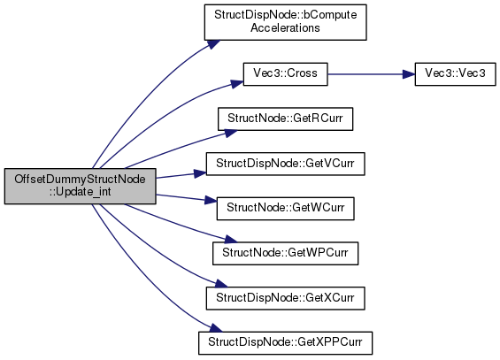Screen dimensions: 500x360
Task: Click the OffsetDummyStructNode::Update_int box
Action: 80,186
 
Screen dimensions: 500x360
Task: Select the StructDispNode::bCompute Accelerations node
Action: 285,22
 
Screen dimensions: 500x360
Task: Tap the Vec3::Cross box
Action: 285,74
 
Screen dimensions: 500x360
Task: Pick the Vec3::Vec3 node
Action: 455,74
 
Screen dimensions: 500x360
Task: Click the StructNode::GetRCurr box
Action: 285,119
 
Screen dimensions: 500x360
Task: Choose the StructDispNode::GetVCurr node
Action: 285,164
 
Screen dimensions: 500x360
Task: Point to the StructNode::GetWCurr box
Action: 285,209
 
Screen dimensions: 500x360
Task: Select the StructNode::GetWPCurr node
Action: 285,253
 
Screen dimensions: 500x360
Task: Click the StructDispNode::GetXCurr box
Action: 285,298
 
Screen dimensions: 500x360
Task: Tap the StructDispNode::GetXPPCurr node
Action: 285,343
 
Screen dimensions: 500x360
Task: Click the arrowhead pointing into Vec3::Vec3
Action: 409,74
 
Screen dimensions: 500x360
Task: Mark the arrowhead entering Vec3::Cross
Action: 237,84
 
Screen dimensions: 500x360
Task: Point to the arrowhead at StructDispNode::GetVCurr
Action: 201,173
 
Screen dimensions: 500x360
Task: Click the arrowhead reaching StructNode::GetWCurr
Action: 211,201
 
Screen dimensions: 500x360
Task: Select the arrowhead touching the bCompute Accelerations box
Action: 214,44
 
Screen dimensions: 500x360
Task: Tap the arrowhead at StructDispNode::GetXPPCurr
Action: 216,328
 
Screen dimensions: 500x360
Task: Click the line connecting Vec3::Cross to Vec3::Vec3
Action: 365,74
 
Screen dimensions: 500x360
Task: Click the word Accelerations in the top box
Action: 285,28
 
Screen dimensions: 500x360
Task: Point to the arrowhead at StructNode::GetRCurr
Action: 231,133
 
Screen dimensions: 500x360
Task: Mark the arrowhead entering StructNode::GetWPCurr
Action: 231,239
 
